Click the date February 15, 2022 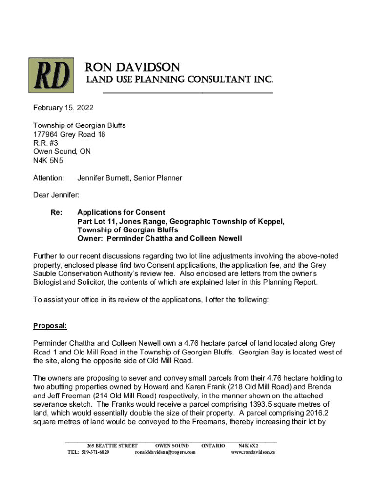pyautogui.click(x=63, y=108)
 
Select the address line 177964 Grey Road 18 pyautogui.click(x=69, y=134)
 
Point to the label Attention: pyautogui.click(x=48, y=178)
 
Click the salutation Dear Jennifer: pyautogui.click(x=56, y=195)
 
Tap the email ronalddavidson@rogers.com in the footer pyautogui.click(x=165, y=452)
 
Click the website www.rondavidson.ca pyautogui.click(x=252, y=452)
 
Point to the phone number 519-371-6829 pyautogui.click(x=95, y=452)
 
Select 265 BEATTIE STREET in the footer pyautogui.click(x=112, y=446)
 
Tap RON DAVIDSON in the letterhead pyautogui.click(x=133, y=67)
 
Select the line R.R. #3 pyautogui.click(x=45, y=143)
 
